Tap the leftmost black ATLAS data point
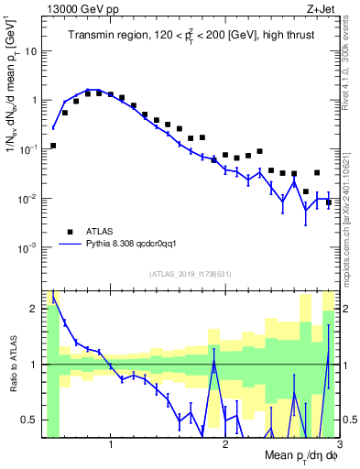pyautogui.click(x=53, y=146)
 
